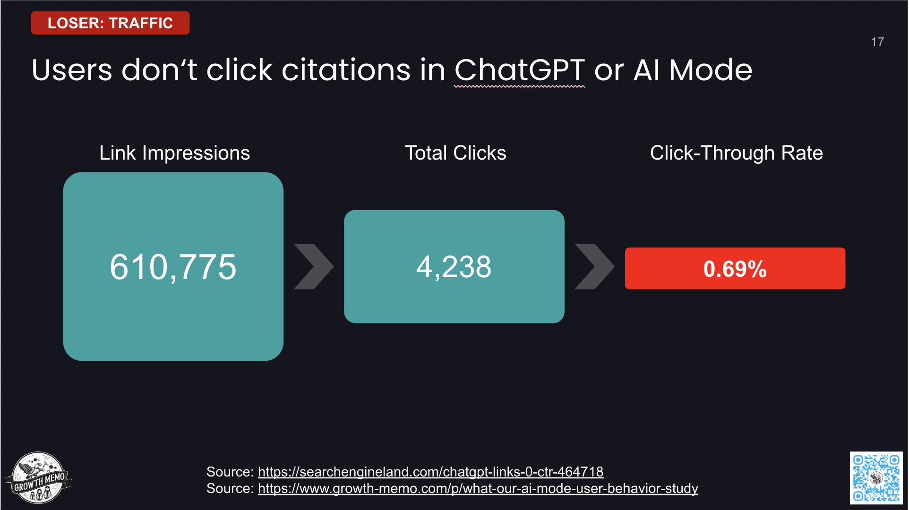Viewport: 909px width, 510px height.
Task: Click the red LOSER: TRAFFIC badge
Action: (110, 23)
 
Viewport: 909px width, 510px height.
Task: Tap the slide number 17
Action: (877, 42)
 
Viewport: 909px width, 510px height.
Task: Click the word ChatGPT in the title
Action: (519, 70)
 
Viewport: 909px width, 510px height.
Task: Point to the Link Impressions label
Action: (174, 153)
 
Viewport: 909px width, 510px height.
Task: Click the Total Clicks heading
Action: (455, 153)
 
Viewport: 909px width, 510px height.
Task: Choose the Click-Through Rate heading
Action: (736, 153)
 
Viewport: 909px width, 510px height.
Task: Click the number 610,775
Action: (173, 267)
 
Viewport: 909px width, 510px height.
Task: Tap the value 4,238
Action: (454, 267)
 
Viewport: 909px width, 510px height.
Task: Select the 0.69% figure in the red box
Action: (735, 269)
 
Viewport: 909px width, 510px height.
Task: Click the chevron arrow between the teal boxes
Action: (314, 266)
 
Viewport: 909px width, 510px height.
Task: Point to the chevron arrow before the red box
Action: (594, 266)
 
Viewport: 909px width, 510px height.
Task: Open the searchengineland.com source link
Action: (430, 472)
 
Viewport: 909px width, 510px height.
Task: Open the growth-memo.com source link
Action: (478, 488)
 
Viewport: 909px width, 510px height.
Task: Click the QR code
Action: (876, 477)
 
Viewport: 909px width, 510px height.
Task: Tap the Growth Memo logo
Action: (38, 477)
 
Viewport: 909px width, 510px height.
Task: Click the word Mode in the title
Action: (710, 70)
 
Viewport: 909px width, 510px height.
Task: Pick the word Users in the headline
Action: (72, 70)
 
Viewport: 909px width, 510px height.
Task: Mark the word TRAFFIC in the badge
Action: (141, 23)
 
